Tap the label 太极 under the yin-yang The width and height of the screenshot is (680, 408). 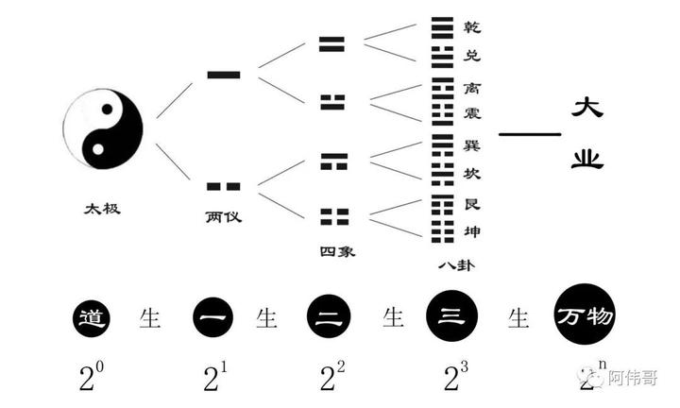[x=102, y=208]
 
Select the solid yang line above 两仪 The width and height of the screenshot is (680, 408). [x=223, y=74]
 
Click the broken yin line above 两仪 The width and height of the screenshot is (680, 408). [x=223, y=186]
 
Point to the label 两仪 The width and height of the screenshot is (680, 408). [x=223, y=216]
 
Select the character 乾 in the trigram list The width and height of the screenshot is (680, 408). [x=472, y=27]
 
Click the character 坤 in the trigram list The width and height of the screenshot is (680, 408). [x=472, y=232]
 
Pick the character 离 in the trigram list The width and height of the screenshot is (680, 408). [x=472, y=86]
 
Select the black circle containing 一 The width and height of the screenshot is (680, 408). [x=212, y=317]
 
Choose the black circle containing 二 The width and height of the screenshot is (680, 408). [x=328, y=317]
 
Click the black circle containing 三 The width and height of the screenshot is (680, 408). [x=451, y=317]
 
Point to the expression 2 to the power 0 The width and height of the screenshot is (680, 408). [x=92, y=376]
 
